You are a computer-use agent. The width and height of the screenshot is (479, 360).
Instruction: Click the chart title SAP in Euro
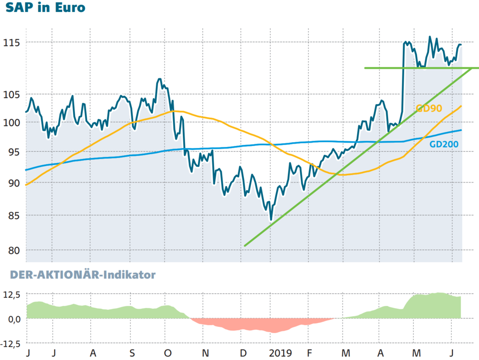[46, 9]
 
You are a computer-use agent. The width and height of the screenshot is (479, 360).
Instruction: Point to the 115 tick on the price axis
[11, 43]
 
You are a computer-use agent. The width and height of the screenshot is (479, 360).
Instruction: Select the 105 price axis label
[11, 95]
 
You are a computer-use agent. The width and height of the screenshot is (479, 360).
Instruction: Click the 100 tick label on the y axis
[11, 123]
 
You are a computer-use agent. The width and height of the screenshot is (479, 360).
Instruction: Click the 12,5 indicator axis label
[11, 295]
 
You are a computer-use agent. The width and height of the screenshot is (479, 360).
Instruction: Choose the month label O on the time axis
[167, 353]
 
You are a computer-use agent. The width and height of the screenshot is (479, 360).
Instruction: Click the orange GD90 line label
[428, 108]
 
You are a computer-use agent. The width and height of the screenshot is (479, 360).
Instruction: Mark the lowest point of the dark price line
[271, 220]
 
